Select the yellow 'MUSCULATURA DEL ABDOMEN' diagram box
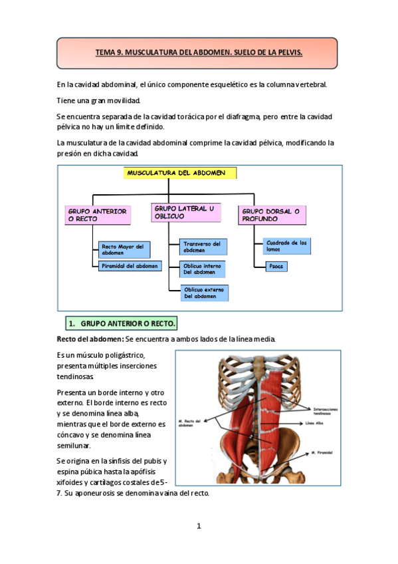click(x=180, y=173)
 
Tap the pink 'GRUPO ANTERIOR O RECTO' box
click(x=98, y=215)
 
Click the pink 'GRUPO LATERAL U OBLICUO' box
click(x=185, y=212)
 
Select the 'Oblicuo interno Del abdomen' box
click(x=203, y=269)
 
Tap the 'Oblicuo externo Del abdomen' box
click(x=205, y=292)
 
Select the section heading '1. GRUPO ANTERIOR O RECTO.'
click(x=122, y=324)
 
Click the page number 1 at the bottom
click(x=199, y=526)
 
